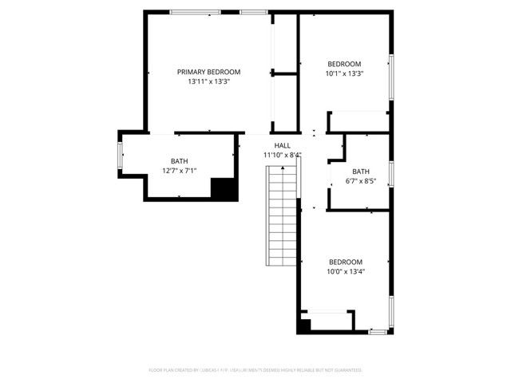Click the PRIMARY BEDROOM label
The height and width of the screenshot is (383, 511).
(x=208, y=72)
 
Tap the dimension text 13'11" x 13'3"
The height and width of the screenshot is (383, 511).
(x=208, y=81)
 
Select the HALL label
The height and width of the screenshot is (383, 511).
(x=282, y=145)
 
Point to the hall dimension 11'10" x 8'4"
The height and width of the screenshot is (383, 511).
(x=282, y=155)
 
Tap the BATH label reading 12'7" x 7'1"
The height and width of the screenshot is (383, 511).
(x=179, y=161)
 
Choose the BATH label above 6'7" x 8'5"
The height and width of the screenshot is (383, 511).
(x=361, y=172)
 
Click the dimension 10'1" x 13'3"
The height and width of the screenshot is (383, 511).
(x=344, y=74)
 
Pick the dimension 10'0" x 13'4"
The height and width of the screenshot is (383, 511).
(x=346, y=271)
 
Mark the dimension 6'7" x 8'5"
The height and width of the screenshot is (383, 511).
(x=361, y=181)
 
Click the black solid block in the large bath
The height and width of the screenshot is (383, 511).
(x=224, y=188)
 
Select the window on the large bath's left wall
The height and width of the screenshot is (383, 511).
(x=121, y=155)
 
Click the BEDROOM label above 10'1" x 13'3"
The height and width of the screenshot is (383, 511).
(x=344, y=65)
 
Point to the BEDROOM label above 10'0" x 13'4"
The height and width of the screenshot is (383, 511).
(x=346, y=262)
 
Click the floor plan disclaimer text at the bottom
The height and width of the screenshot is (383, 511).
(x=255, y=370)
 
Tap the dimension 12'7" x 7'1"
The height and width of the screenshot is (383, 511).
(x=179, y=171)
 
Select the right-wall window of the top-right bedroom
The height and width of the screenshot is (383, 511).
(x=391, y=77)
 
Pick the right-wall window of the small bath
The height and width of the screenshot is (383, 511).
(x=391, y=173)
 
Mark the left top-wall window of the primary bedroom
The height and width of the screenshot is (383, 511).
(x=195, y=12)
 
